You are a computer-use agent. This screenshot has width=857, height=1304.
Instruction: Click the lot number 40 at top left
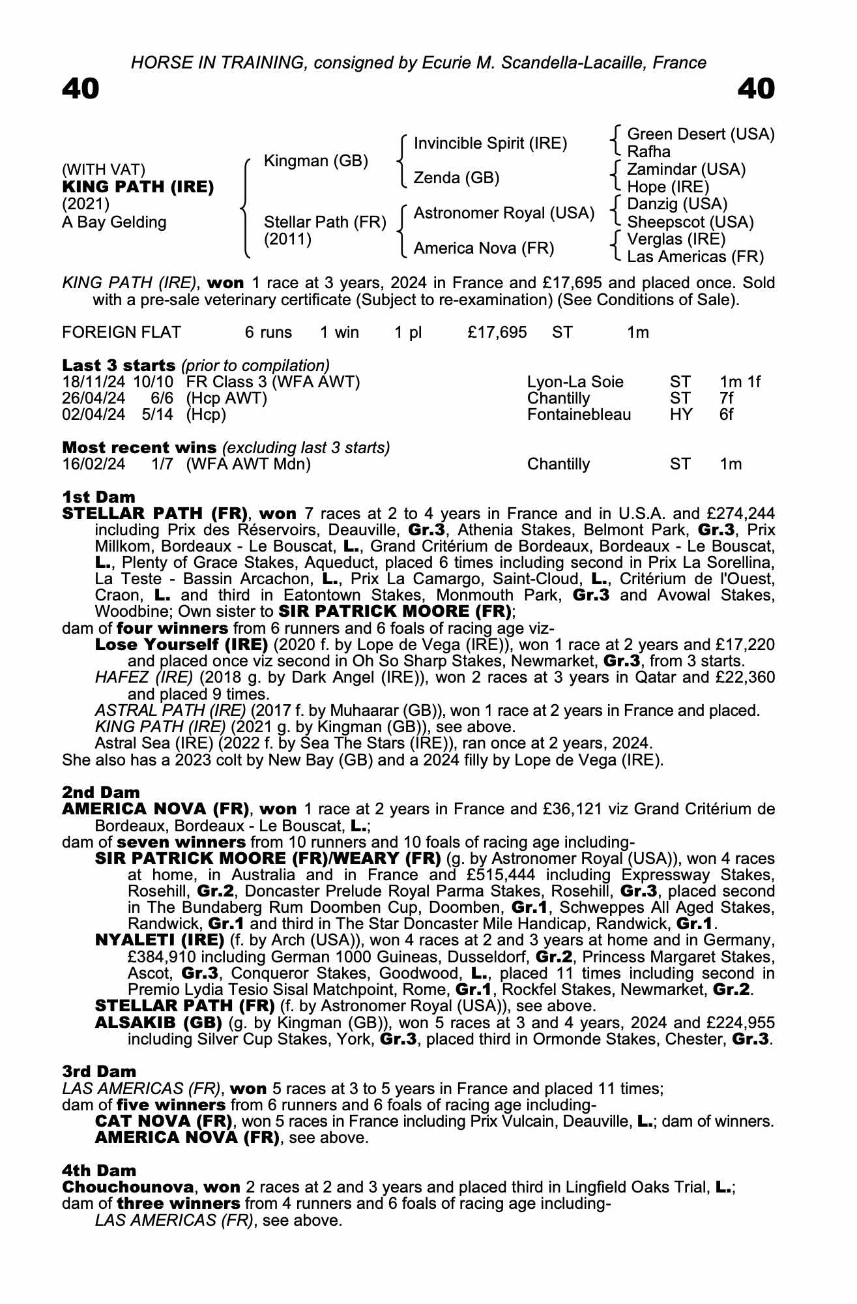click(x=81, y=89)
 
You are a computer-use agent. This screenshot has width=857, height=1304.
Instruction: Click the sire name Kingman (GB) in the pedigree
click(x=316, y=161)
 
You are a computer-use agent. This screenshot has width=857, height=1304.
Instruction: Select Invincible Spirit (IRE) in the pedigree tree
click(x=490, y=143)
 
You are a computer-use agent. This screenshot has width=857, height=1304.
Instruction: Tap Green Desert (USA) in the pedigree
click(x=701, y=134)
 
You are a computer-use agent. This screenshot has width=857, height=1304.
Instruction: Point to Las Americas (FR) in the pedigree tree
click(x=695, y=257)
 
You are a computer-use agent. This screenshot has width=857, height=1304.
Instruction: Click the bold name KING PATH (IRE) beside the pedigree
click(x=138, y=187)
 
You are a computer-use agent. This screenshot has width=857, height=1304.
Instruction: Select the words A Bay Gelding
click(x=114, y=222)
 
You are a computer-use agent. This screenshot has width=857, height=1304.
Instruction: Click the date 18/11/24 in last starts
click(x=94, y=382)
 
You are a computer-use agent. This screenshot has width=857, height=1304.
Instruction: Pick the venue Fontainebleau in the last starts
click(x=579, y=415)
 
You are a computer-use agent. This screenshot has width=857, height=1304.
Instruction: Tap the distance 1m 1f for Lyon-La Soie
click(x=740, y=382)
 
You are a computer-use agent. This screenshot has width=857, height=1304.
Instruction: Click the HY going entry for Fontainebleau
click(x=681, y=415)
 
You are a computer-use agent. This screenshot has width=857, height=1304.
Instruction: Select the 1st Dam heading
click(x=99, y=497)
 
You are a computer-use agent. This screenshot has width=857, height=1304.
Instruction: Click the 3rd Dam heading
click(x=99, y=1071)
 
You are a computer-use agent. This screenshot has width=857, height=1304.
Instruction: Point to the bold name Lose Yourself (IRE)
click(x=182, y=645)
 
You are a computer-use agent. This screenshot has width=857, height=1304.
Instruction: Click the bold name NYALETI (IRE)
click(x=160, y=940)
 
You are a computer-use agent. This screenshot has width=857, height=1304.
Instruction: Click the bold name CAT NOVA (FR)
click(x=164, y=1121)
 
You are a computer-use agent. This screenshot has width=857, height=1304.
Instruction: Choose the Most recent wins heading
click(x=139, y=448)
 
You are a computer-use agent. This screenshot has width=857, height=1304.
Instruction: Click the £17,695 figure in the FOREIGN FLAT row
click(x=497, y=333)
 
